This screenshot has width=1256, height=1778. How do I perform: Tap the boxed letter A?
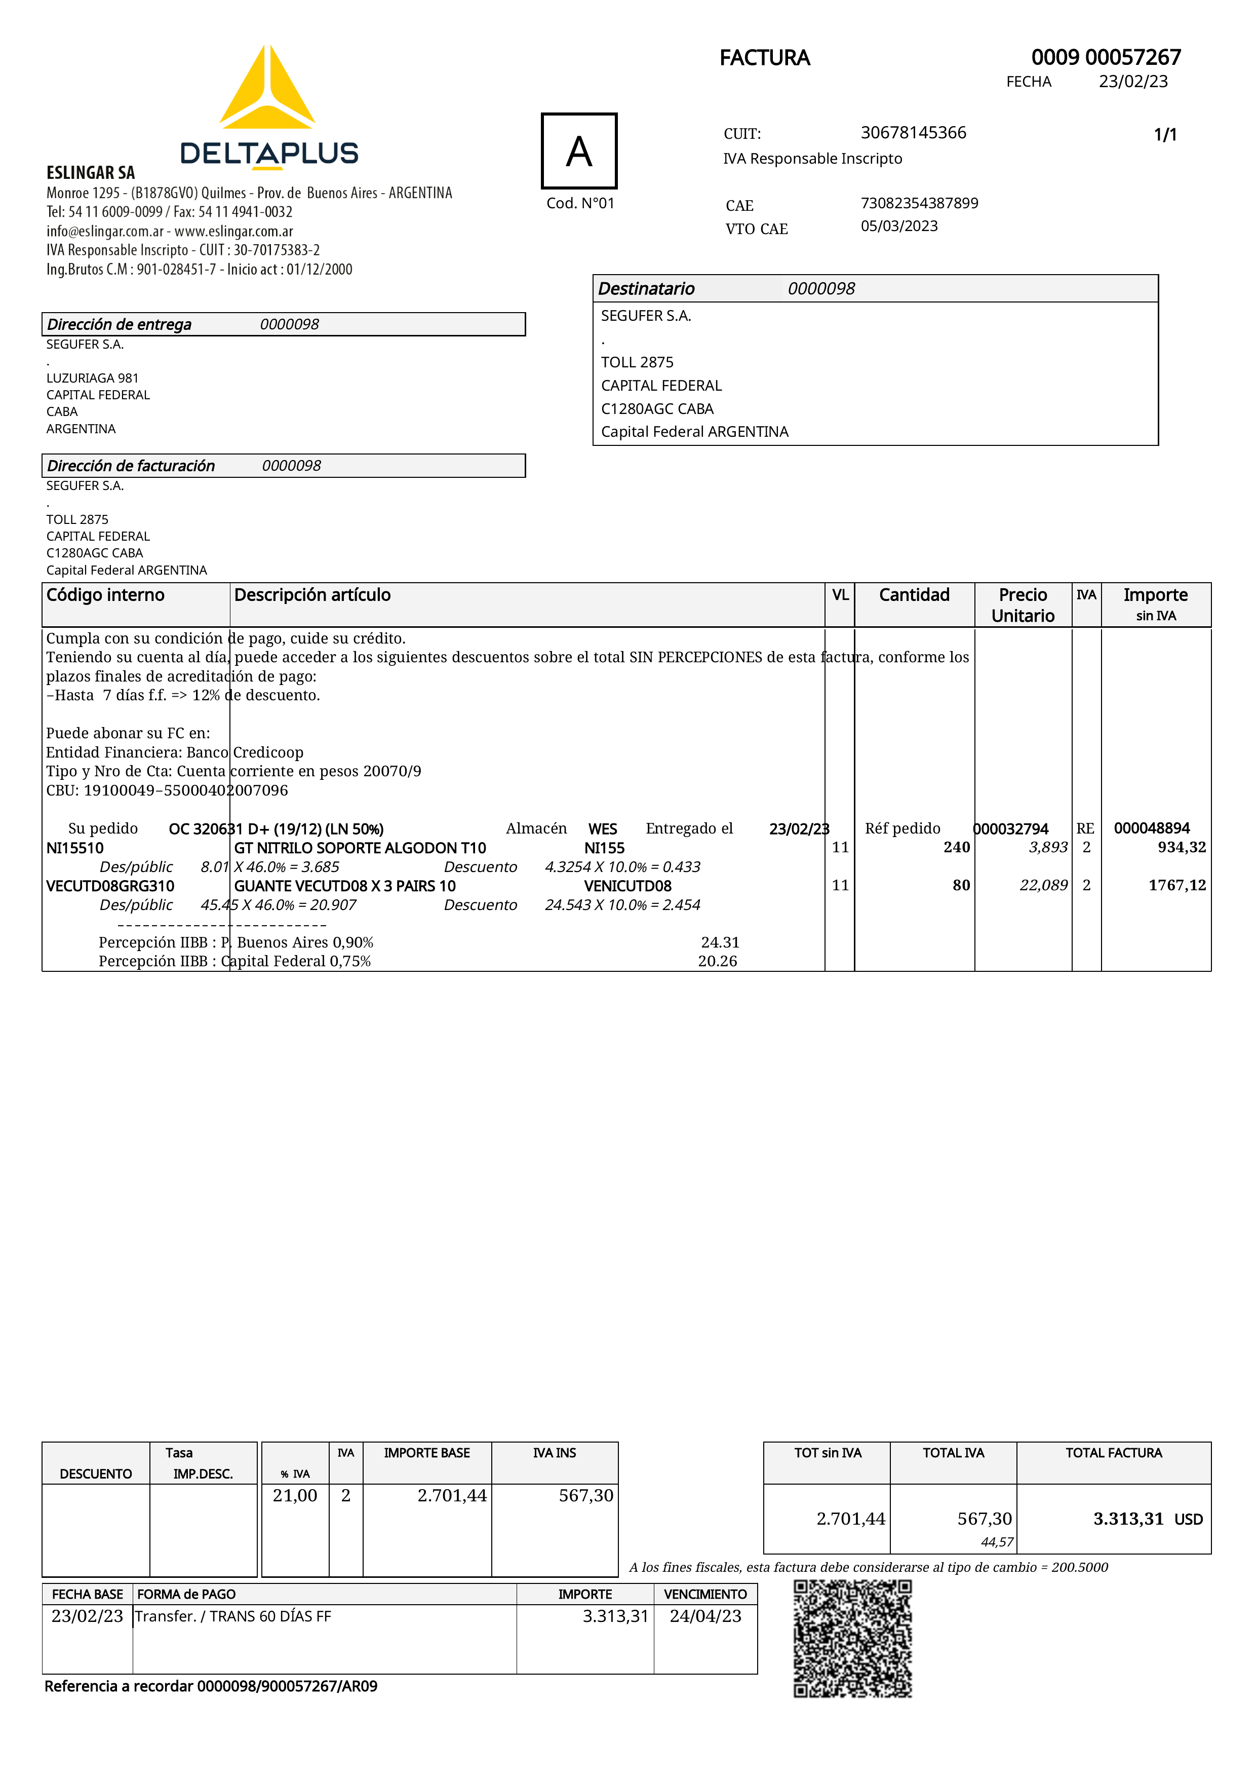coord(579,151)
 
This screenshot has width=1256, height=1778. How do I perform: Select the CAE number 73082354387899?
coord(919,203)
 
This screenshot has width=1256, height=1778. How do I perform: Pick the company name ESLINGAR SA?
coord(91,173)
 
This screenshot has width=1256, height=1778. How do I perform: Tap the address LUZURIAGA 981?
coord(92,378)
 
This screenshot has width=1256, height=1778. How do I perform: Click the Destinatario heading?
coord(646,289)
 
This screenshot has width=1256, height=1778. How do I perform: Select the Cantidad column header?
coord(914,595)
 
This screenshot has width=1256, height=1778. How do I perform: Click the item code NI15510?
coord(74,848)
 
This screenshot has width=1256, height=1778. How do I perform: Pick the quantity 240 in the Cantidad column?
coord(957,847)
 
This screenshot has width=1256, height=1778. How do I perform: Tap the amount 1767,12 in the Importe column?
coord(1177,885)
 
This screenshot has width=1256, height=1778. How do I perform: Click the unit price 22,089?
coord(1043,885)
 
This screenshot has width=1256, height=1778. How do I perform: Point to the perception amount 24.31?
coord(720,942)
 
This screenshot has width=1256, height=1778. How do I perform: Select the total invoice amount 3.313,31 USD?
coord(1147,1519)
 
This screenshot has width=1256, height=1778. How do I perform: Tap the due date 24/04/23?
coord(705,1616)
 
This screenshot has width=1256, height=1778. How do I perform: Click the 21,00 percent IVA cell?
coord(295,1495)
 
